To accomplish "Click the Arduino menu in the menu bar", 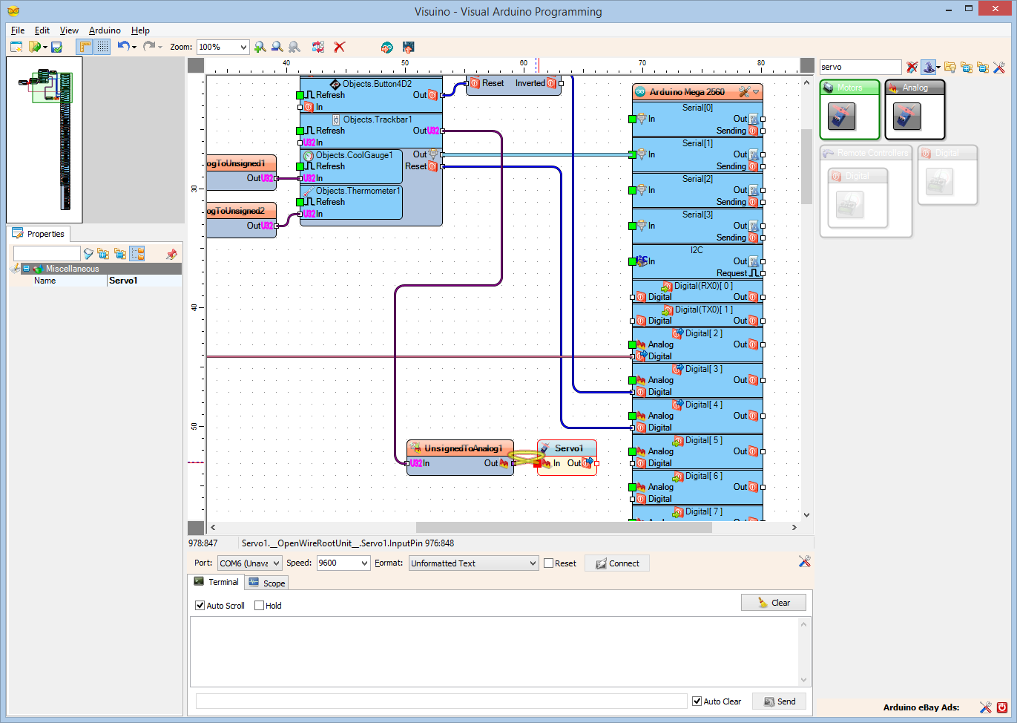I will (105, 30).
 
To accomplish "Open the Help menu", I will (140, 30).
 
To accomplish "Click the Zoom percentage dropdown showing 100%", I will (223, 47).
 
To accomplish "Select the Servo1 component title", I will (568, 448).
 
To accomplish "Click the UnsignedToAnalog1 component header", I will (462, 448).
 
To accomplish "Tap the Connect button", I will (617, 563).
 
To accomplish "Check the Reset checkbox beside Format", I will (549, 563).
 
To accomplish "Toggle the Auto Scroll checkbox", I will (200, 606).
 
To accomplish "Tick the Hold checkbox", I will (260, 606).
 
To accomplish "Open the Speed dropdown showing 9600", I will (343, 563).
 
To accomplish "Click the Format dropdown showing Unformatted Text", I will (473, 563).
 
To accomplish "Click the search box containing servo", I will (859, 67).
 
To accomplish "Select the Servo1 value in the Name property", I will (144, 281).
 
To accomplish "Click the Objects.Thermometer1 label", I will (358, 191).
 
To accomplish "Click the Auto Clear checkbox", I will (697, 701).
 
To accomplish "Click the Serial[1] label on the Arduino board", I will (697, 143).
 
